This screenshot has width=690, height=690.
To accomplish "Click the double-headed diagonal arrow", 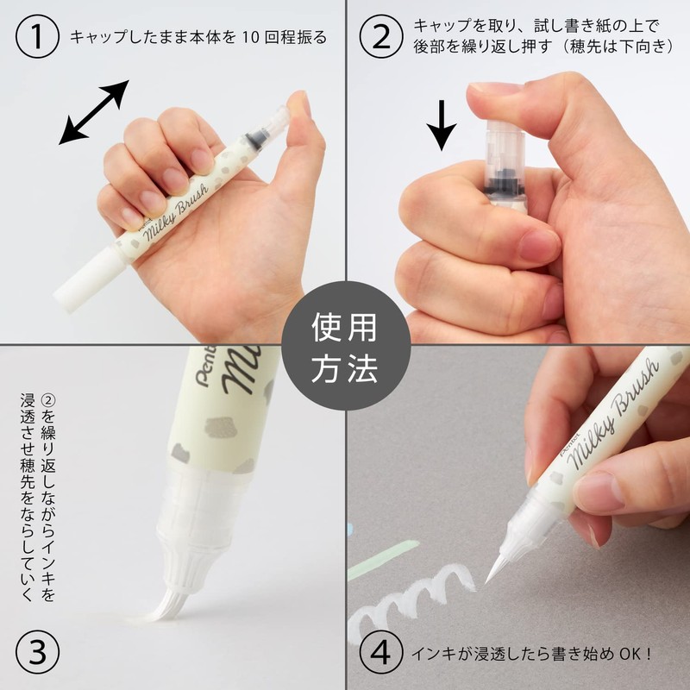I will point(95,112).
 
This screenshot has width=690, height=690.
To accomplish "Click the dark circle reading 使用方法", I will point(344,345).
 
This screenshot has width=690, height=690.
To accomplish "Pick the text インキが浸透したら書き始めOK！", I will point(526,652).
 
